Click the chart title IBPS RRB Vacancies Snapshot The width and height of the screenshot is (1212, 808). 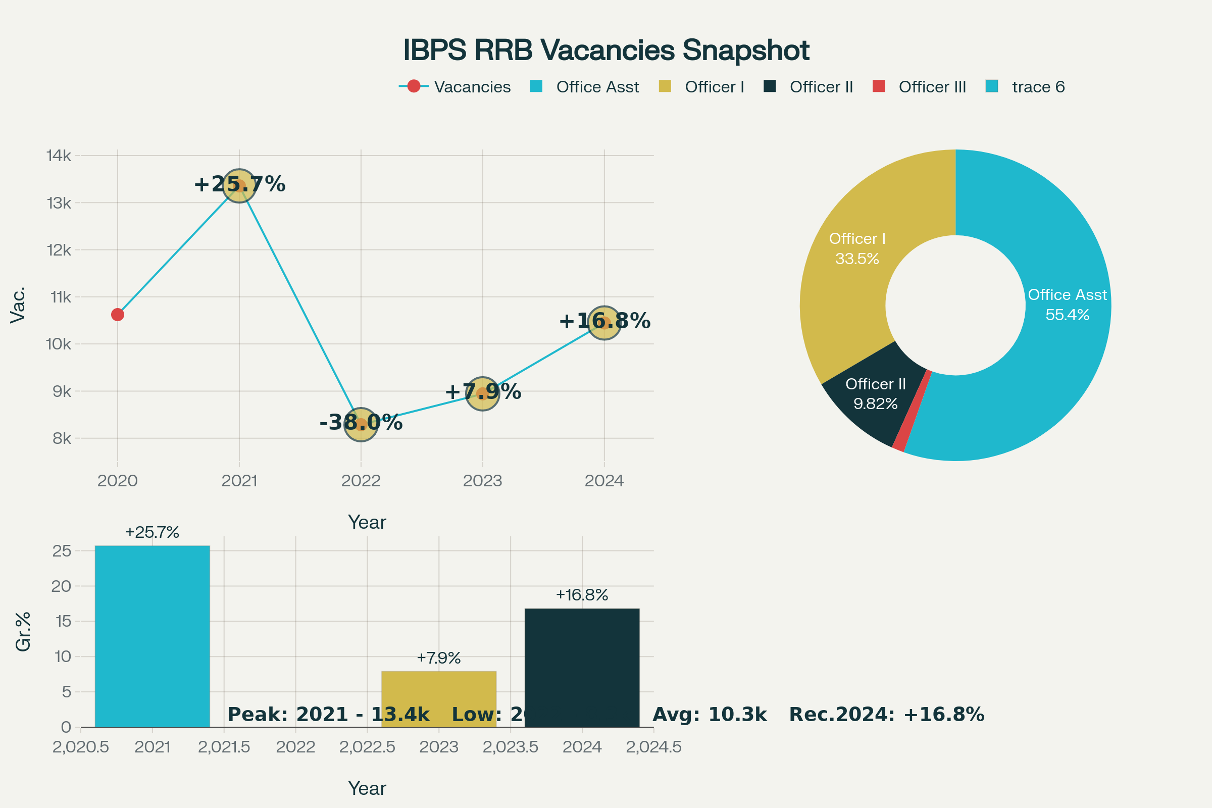point(606,50)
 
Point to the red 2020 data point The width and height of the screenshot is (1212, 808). point(118,314)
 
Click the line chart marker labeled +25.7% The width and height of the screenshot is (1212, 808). point(239,185)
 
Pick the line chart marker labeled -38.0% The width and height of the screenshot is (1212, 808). point(361,425)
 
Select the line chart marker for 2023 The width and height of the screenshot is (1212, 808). point(482,394)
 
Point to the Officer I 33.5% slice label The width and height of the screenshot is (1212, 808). point(857,248)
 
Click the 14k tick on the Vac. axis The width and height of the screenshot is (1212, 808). point(59,156)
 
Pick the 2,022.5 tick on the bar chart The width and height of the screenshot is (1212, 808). point(367,747)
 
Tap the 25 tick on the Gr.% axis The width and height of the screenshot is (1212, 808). point(62,551)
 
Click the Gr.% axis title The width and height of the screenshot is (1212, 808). point(23,632)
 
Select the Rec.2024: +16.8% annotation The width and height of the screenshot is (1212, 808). point(886,715)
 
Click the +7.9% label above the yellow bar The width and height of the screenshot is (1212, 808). point(438,658)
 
